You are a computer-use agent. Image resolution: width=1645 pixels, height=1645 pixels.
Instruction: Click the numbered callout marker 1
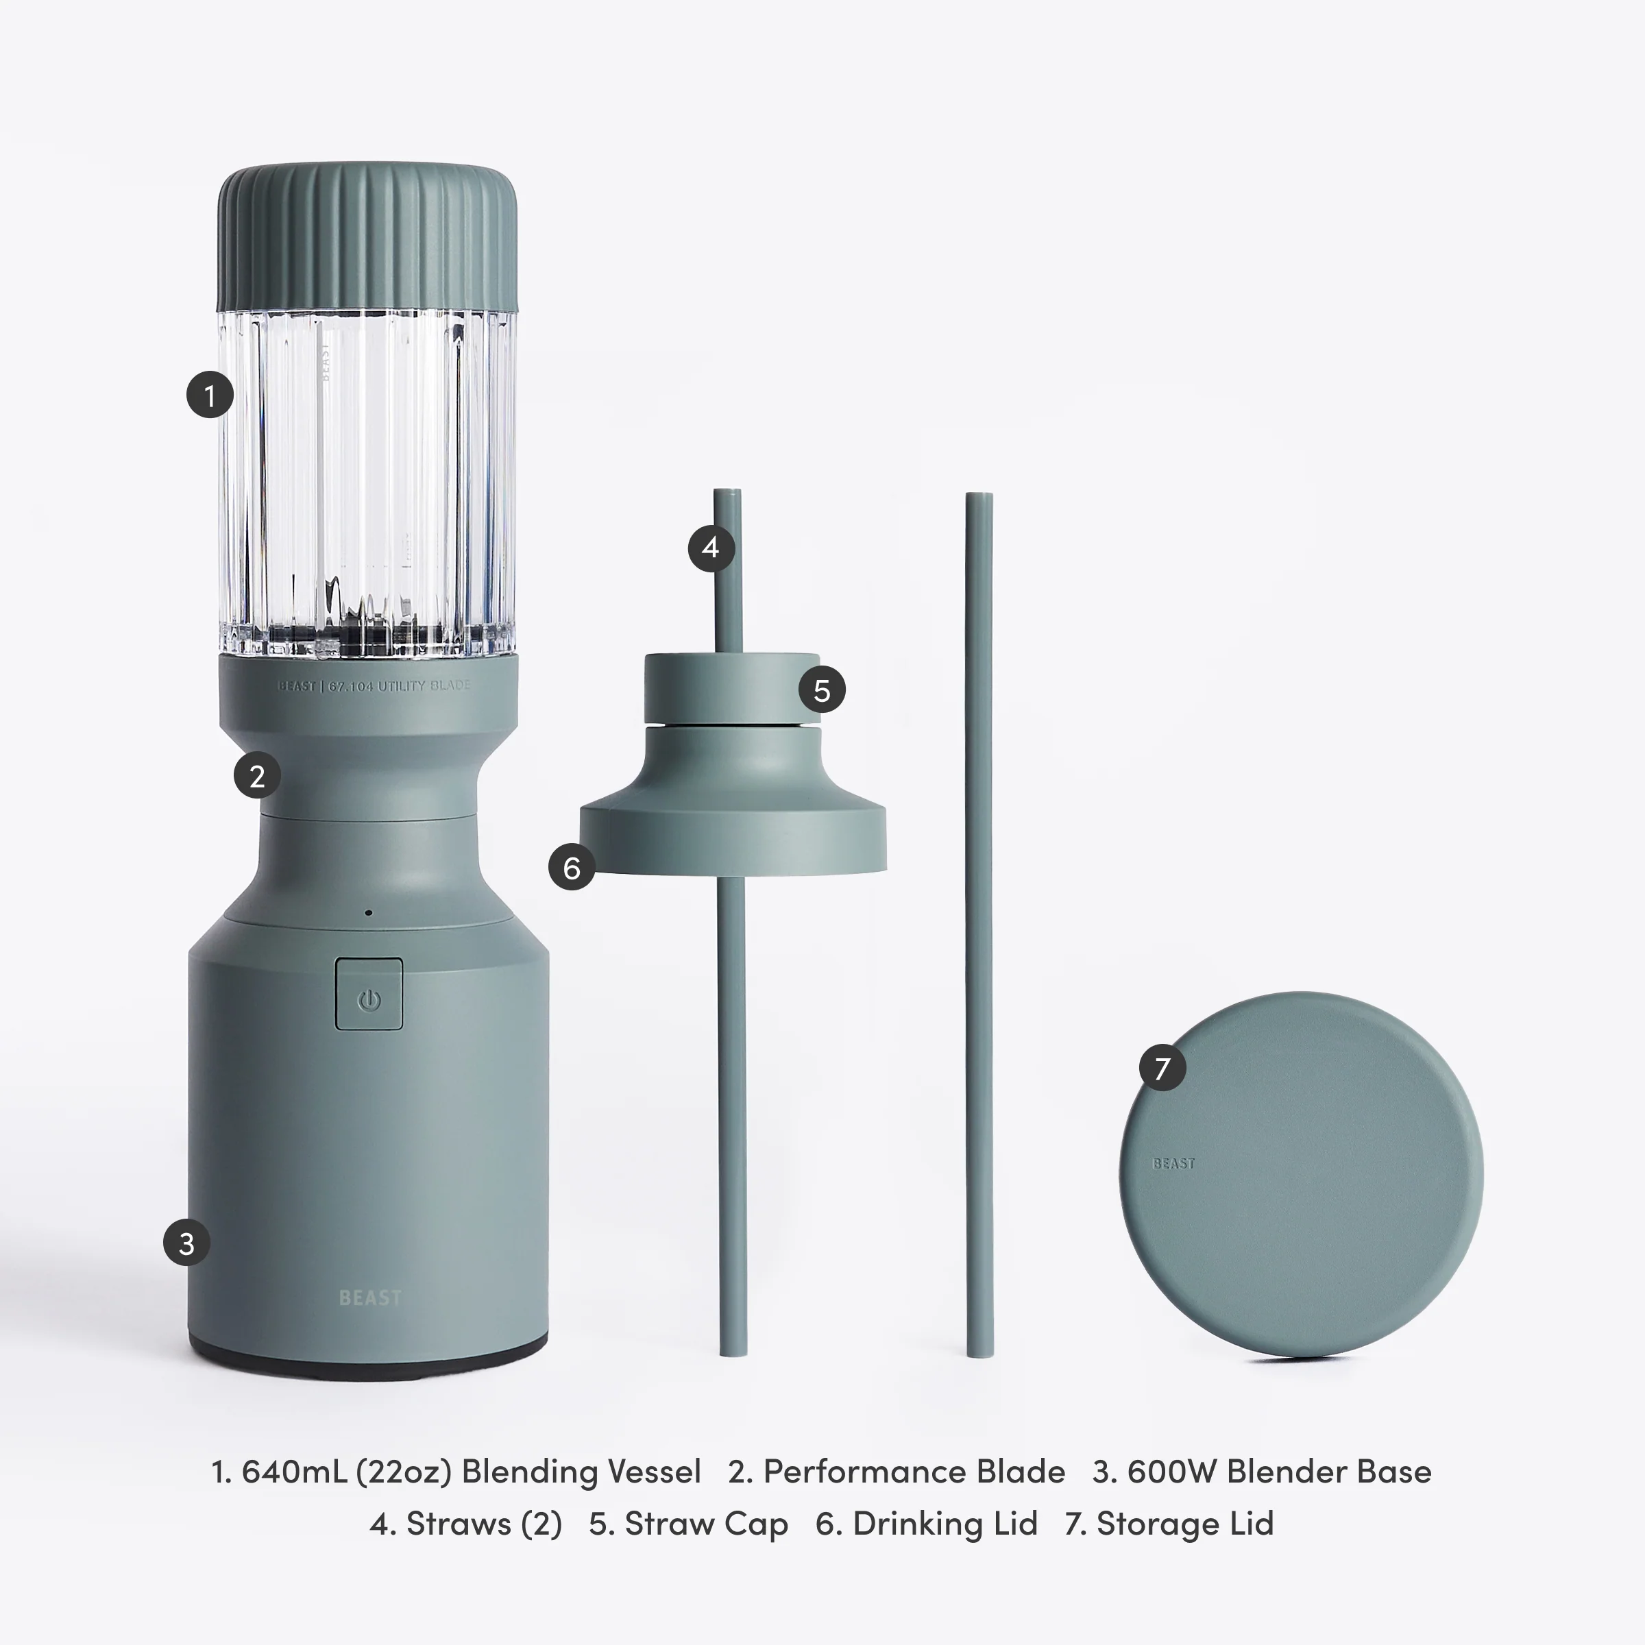tap(210, 394)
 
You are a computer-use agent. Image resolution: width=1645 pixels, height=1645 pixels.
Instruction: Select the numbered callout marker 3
tap(186, 1243)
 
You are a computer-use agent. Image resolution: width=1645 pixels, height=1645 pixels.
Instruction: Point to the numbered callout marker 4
tap(711, 548)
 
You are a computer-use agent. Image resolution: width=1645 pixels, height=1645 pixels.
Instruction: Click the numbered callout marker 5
tap(822, 690)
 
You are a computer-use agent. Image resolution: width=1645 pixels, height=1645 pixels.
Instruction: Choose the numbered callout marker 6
tap(572, 868)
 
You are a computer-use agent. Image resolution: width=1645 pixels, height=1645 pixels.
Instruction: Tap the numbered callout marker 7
tap(1162, 1067)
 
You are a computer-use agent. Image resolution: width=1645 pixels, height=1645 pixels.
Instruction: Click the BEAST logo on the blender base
tap(369, 1297)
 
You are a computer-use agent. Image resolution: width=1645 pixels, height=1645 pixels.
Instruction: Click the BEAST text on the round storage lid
tap(1173, 1163)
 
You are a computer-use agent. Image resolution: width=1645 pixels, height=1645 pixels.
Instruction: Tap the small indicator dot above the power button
tap(368, 913)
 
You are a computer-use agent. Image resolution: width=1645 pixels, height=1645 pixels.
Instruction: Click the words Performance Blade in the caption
tap(913, 1472)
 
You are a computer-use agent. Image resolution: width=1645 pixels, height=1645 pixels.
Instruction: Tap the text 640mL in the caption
tap(294, 1472)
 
